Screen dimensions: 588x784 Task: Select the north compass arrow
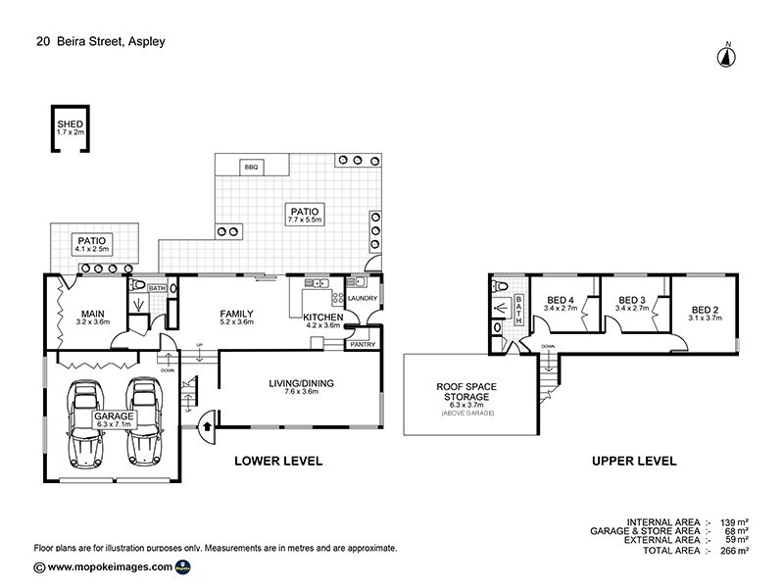(727, 56)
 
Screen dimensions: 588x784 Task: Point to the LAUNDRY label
(363, 298)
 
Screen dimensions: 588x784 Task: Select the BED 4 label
(562, 299)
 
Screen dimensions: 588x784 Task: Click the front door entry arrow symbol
(208, 425)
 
